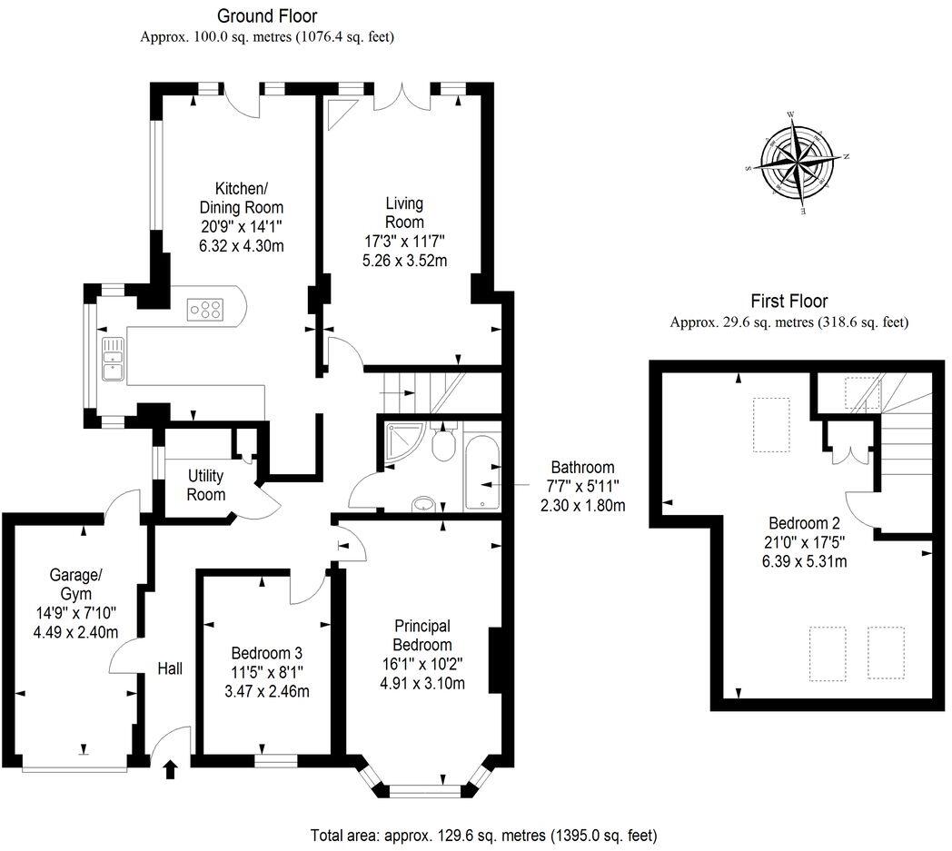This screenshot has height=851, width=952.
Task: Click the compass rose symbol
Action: coord(796,163)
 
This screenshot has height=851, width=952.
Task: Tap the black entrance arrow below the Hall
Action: coord(171,769)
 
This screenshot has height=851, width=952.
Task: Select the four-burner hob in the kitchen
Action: coord(206,309)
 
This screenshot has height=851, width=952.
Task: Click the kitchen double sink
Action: coord(113,359)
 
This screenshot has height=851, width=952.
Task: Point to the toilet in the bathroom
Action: coord(444,442)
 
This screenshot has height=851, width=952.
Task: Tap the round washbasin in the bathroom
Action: coord(424,504)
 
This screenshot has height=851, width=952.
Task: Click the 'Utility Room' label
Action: coord(206,485)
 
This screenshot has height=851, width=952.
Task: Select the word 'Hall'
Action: coord(170,669)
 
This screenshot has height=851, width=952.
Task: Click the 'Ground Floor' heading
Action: coord(267,15)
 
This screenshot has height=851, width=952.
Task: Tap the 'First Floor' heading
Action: coord(789,301)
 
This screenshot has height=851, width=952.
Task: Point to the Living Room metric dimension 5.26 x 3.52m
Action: coord(404,261)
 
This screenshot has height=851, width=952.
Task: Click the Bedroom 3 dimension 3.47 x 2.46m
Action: coord(266,691)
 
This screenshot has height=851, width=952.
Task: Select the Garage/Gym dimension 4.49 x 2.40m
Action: coord(76,632)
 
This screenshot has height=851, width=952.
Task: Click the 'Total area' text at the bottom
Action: coord(483,836)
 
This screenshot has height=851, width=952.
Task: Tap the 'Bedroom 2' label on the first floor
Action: coord(805,523)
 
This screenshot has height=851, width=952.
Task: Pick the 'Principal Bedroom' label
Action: coord(422,635)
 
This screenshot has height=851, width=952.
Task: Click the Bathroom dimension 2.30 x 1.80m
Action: coord(583,505)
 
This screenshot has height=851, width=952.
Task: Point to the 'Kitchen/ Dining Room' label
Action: coord(242,198)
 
